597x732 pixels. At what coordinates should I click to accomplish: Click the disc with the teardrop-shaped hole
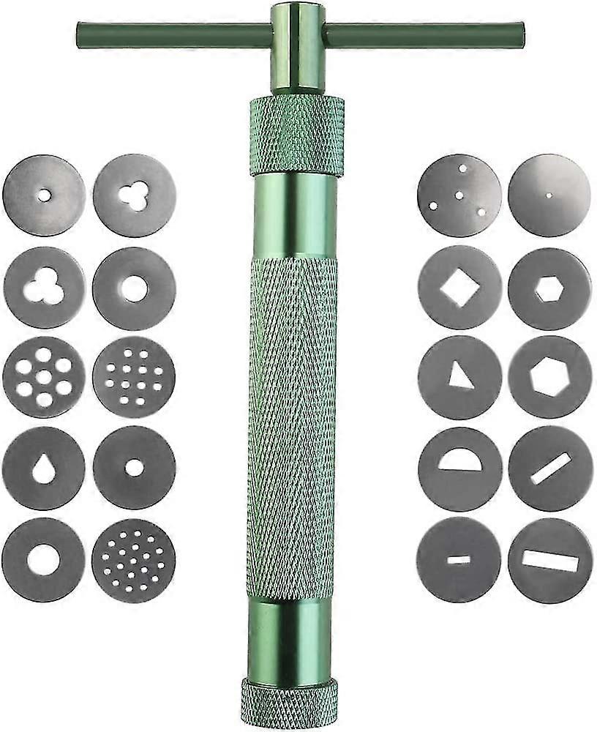click(44, 468)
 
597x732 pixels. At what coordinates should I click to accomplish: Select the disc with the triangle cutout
click(459, 377)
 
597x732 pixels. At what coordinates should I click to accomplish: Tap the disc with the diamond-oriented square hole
click(459, 287)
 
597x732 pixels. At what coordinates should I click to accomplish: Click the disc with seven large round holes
click(44, 377)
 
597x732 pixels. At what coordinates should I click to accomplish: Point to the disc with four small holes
click(459, 195)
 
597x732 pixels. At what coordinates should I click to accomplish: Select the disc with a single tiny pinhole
click(549, 195)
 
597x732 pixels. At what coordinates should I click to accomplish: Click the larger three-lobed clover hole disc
click(44, 287)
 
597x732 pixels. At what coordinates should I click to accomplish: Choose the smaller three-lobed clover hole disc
click(135, 195)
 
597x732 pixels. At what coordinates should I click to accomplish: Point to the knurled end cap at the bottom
click(290, 701)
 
